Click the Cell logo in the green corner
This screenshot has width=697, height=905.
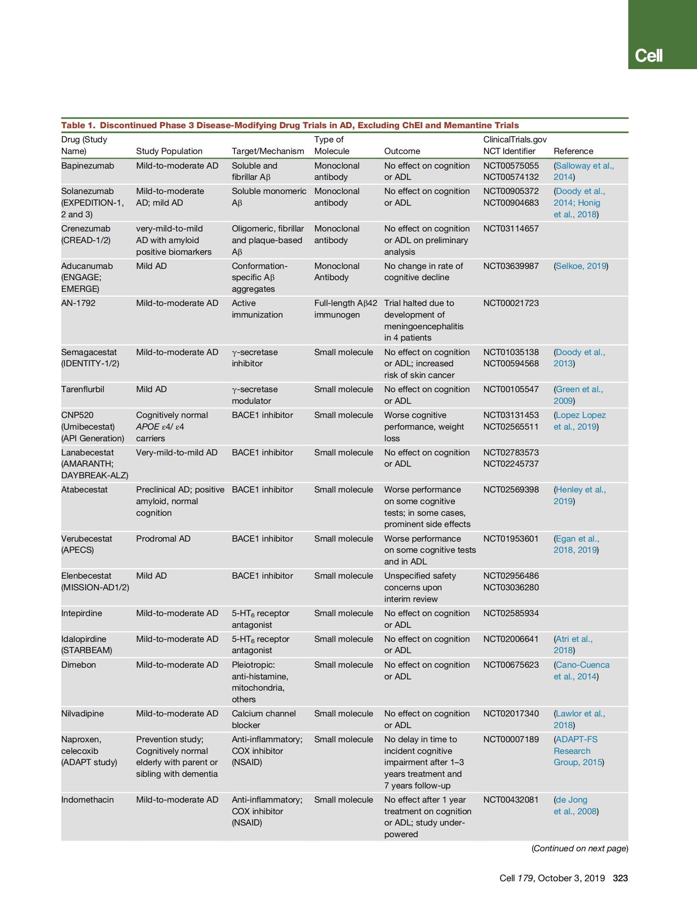coord(649,56)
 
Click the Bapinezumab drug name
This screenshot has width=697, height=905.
coord(87,166)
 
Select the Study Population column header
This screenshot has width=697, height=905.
coord(169,151)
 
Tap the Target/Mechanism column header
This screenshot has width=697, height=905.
coord(268,151)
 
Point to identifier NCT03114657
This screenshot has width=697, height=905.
coord(511,229)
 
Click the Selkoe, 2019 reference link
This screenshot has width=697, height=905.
coord(581,266)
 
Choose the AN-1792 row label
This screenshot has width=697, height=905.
coord(78,303)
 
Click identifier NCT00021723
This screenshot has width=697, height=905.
coord(511,303)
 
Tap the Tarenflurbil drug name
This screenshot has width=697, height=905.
coord(82,389)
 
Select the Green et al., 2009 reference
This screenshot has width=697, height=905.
coord(578,395)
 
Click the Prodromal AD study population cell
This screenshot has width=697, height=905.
coord(163,539)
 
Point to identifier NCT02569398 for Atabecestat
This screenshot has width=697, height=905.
coord(511,490)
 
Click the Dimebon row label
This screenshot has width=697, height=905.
coord(78,665)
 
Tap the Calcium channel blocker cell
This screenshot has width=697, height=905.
coord(264,719)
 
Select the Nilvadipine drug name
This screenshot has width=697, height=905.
coord(82,714)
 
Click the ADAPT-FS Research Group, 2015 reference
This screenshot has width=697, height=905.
coord(578,751)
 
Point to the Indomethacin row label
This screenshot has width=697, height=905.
coord(87,800)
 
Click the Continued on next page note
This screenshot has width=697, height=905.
coord(580,848)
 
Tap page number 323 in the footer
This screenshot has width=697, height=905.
coord(620,878)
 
